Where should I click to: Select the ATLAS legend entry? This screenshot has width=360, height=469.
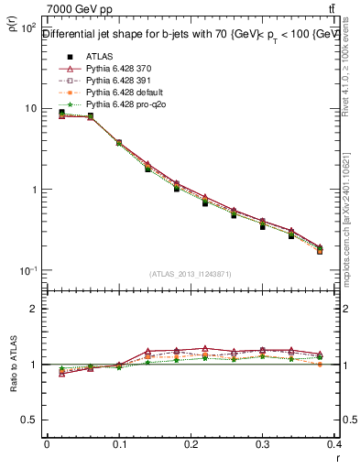point(99,57)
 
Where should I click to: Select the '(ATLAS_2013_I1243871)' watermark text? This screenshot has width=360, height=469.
point(190,274)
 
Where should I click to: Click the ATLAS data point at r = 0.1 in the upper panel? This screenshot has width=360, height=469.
point(119,143)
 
